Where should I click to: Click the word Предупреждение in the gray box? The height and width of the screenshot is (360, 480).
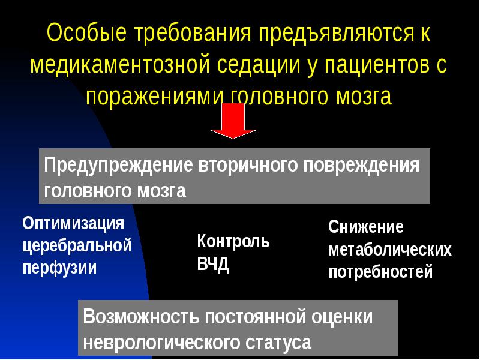[x=118, y=165]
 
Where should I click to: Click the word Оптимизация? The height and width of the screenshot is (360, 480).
[x=73, y=224]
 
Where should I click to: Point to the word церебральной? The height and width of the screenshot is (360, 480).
[x=77, y=245]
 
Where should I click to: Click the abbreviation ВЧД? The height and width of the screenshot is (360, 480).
[x=213, y=265]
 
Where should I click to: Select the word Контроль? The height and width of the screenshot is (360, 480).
[x=233, y=242]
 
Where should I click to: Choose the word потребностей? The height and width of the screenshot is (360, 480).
[x=380, y=272]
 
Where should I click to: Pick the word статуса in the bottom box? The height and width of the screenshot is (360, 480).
[x=278, y=343]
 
